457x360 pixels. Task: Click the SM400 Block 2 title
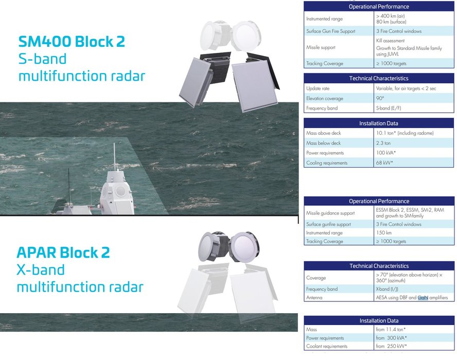tap(72, 41)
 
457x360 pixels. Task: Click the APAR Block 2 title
tap(63, 253)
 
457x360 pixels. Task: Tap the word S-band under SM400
tap(43, 59)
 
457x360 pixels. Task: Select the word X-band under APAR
tap(41, 269)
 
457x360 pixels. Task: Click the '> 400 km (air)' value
tap(390, 16)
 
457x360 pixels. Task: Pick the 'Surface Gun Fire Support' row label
tap(330, 31)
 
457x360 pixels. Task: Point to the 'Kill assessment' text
tap(390, 41)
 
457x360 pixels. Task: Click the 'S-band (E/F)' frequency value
tap(389, 108)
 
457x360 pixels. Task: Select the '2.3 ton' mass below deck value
tap(383, 143)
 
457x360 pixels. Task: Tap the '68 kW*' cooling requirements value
tap(384, 163)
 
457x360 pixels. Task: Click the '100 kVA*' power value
tap(386, 153)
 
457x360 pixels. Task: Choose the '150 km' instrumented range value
tap(383, 233)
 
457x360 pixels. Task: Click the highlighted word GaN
tap(423, 297)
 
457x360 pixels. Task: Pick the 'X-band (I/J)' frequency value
tap(387, 289)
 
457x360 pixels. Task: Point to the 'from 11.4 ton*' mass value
tap(391, 330)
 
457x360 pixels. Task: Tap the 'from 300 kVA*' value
tap(392, 338)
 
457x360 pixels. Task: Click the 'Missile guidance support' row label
tap(330, 213)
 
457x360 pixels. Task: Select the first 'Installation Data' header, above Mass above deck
tap(379, 123)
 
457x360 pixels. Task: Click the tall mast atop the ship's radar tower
tap(115, 157)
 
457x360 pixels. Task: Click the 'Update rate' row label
tap(318, 88)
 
